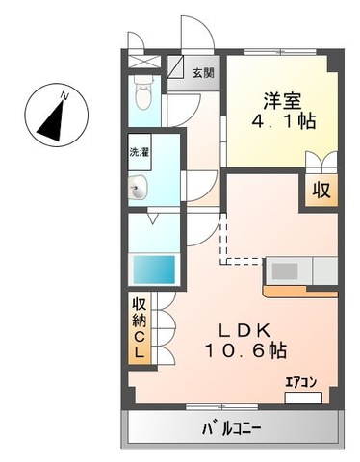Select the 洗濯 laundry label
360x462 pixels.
pos(140,152)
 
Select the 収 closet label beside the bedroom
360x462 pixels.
pos(321,190)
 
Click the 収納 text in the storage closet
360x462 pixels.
pos(140,319)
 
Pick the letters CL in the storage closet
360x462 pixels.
pos(140,346)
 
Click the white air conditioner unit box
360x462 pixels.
pos(303,395)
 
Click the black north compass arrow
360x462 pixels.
pos(54,115)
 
